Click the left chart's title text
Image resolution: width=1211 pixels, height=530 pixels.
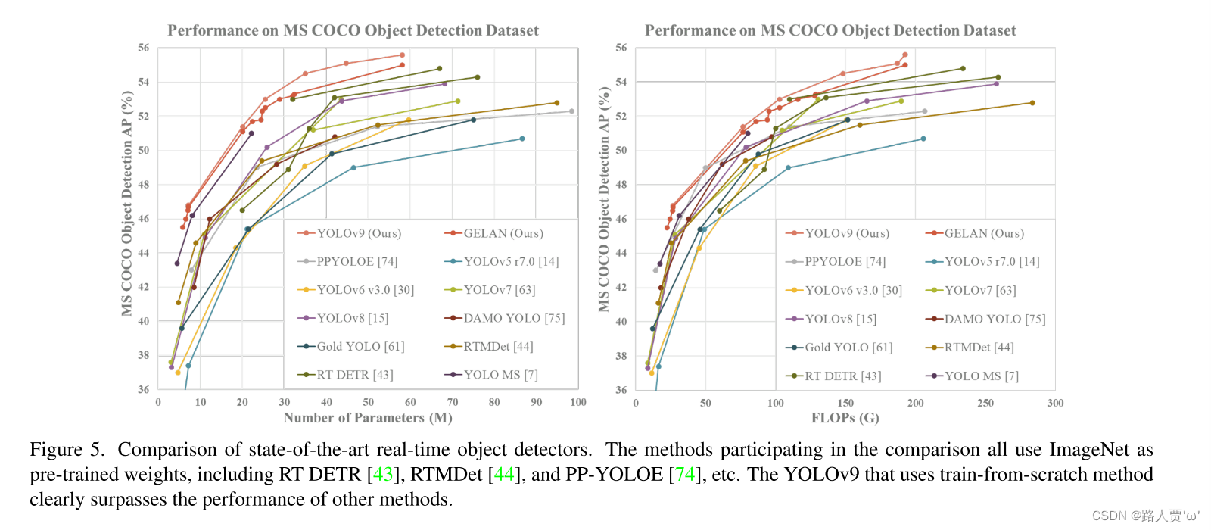coord(353,30)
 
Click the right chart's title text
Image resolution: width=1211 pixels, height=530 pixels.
coord(830,30)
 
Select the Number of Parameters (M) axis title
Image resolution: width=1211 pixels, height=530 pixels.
coord(368,418)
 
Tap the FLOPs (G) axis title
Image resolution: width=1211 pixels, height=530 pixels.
coord(845,418)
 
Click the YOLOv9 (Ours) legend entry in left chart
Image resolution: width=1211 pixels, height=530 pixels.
coord(358,233)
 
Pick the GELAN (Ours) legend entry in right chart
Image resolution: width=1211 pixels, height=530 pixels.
coord(983,233)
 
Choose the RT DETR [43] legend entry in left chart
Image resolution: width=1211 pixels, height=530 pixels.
coord(354,375)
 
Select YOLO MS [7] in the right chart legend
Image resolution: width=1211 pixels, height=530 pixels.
coord(981,376)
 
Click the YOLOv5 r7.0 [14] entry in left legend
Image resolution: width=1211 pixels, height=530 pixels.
coord(511,261)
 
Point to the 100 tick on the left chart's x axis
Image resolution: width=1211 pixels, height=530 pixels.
coord(578,402)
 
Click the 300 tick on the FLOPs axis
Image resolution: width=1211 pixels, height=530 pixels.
coord(1055,403)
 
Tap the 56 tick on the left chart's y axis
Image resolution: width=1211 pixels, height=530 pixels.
coord(144,48)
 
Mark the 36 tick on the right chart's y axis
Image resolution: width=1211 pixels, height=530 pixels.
coord(621,390)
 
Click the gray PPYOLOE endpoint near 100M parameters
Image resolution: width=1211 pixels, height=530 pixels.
coord(571,111)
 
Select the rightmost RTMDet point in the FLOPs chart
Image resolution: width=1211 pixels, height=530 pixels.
coord(1032,103)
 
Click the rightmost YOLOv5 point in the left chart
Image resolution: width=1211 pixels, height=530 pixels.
coord(522,139)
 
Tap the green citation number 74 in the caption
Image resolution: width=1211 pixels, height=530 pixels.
coord(684,475)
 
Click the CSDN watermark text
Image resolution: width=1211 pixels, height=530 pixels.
coord(1145,516)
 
